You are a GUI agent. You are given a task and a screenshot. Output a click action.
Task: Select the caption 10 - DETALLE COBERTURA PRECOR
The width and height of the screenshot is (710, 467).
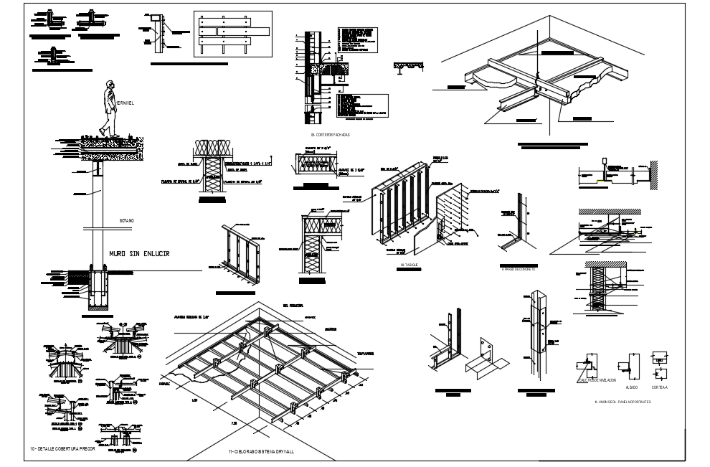[62, 448]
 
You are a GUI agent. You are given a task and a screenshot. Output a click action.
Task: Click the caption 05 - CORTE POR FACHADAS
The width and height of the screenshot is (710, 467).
[330, 135]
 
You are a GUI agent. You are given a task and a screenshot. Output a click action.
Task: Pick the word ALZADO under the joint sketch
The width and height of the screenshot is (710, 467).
[632, 387]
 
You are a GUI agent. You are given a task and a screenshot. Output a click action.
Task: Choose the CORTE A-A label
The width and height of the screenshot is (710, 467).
[659, 387]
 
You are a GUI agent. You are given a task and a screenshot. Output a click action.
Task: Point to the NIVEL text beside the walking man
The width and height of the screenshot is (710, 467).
[125, 103]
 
